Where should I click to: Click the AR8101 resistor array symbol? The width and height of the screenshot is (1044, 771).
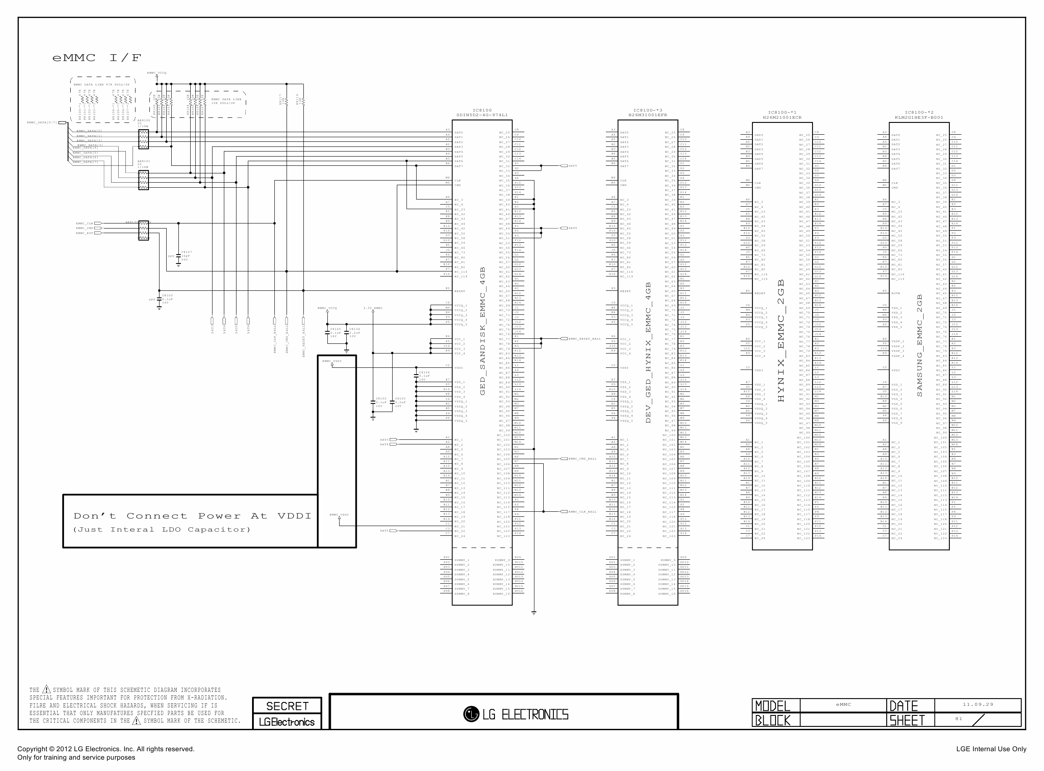[143, 180]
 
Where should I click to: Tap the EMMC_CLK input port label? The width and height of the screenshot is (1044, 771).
[85, 223]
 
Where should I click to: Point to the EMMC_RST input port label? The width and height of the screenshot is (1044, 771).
[85, 233]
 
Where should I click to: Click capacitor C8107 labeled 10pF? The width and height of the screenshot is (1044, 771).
[179, 256]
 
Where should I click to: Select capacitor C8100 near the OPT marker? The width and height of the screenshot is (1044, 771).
[159, 299]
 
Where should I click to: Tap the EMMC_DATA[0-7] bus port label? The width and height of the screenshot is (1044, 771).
[42, 123]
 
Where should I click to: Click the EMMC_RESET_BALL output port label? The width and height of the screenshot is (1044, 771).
[584, 339]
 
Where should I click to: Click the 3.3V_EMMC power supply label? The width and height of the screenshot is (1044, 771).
[373, 308]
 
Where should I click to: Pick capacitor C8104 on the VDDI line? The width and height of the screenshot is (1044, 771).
[416, 375]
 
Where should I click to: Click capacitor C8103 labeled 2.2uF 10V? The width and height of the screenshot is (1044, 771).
[392, 402]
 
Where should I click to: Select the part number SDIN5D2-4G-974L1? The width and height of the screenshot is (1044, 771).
[482, 115]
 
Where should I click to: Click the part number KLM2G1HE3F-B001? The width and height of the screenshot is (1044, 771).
[919, 117]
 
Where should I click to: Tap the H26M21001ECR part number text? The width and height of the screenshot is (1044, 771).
[782, 117]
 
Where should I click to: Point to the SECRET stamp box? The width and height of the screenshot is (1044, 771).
[287, 706]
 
